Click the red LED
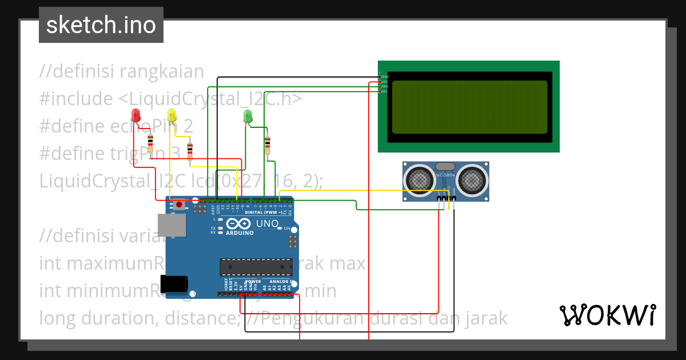coord(135,114)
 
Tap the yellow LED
coord(172,114)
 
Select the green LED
coord(248,116)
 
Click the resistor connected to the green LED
coord(267,145)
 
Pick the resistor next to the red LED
coord(150,142)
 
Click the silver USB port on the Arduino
coord(172,226)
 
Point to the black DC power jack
coord(174,284)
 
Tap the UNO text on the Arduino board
coord(266,223)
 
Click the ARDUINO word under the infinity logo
coord(240,233)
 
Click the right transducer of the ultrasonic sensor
coord(473,179)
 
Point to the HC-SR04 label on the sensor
coord(445,175)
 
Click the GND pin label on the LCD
coord(385,77)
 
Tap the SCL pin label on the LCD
coord(385,91)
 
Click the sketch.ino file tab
coord(101,25)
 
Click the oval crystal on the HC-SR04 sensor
coord(445,166)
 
